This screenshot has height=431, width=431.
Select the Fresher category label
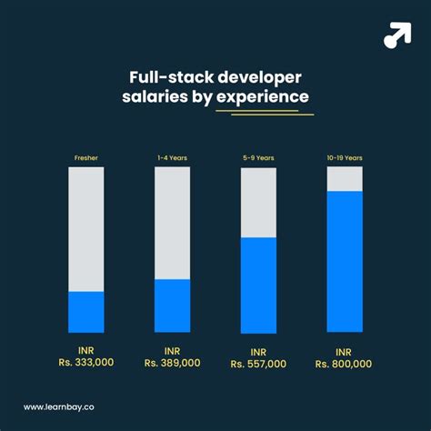click(85, 158)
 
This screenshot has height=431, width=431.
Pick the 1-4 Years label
click(172, 158)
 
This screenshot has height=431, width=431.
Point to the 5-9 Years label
click(258, 158)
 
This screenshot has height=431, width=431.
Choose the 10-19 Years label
click(344, 158)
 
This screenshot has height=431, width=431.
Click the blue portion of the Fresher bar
click(85, 312)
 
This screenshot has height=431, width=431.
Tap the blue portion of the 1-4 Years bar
click(172, 306)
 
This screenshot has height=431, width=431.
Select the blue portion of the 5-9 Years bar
click(258, 285)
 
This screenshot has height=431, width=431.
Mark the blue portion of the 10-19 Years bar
click(344, 262)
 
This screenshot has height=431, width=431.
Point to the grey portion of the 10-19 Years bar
click(344, 179)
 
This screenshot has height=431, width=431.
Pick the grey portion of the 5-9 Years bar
click(258, 203)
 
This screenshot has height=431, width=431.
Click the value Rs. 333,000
click(85, 363)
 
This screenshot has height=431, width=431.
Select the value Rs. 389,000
click(172, 363)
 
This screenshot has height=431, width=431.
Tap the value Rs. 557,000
click(258, 364)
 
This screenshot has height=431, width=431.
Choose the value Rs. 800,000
click(344, 364)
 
